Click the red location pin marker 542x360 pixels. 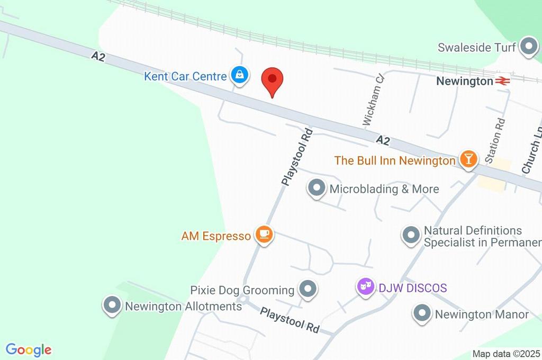pos(273,81)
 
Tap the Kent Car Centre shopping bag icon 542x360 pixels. pos(239,75)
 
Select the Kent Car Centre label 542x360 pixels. pos(185,76)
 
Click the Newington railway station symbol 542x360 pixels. pos(502,81)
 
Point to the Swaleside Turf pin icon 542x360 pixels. pos(528,47)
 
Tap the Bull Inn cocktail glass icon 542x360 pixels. pos(468,159)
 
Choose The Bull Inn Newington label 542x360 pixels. pos(395,160)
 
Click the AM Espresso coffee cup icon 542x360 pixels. pos(264,235)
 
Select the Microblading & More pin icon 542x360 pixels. pos(317,188)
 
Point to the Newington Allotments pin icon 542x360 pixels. pos(112,305)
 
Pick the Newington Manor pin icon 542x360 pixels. pos(422,313)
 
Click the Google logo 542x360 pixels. pos(29,350)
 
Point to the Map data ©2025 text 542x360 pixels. pos(507,354)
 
